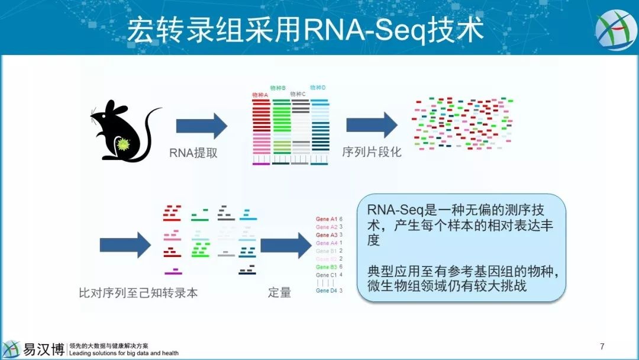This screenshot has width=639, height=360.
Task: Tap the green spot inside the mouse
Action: [124, 144]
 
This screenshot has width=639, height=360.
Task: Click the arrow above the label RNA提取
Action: [201, 126]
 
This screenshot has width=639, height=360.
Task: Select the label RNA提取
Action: [193, 153]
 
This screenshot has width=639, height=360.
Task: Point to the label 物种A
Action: [260, 95]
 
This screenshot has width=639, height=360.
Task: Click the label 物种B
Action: [278, 88]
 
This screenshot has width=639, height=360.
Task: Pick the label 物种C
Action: [298, 94]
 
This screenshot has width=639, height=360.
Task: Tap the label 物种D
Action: [318, 88]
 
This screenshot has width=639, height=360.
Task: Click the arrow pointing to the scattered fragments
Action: [372, 125]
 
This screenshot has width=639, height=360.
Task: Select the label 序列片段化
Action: [372, 152]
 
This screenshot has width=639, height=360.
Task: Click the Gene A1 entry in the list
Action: [326, 219]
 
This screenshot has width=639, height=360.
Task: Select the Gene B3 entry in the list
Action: [326, 267]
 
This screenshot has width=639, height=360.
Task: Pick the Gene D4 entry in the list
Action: [326, 291]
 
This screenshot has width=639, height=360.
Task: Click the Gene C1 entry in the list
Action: [326, 275]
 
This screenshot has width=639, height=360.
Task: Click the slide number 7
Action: [602, 346]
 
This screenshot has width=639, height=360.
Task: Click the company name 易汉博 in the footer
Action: [43, 349]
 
